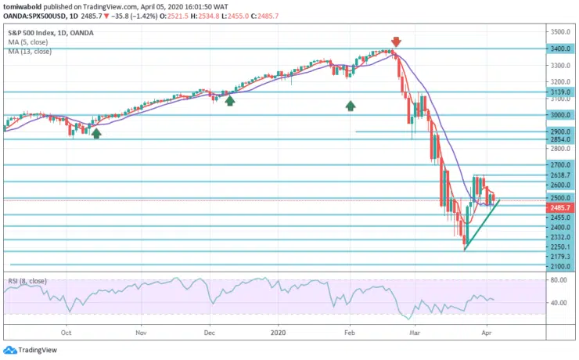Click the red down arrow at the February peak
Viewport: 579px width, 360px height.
(x=396, y=41)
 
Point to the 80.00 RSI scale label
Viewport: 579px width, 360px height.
(x=558, y=279)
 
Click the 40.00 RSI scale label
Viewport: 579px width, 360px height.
(x=558, y=303)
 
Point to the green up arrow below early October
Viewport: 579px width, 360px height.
(x=96, y=134)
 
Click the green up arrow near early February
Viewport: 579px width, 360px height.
(x=351, y=104)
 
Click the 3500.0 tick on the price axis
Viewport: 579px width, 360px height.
(x=558, y=32)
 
